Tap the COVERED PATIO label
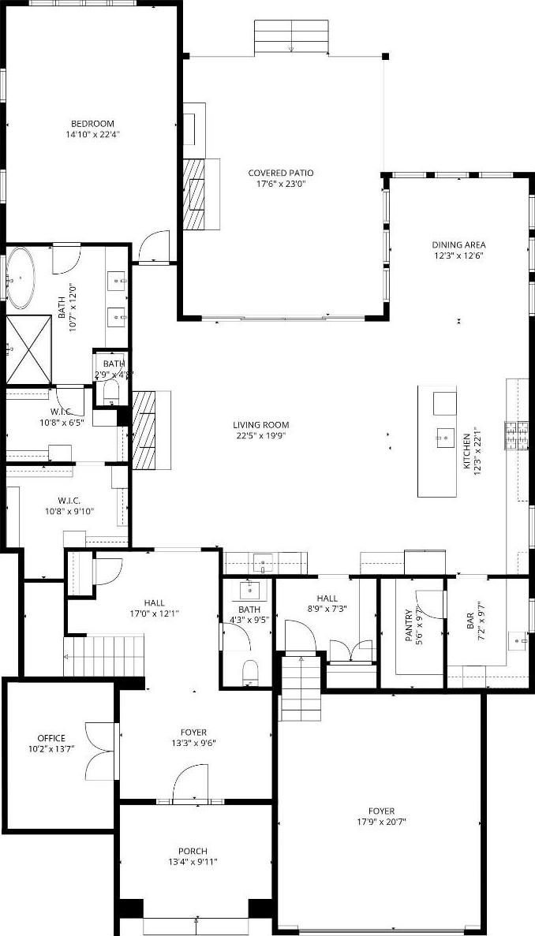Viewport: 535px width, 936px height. tap(281, 173)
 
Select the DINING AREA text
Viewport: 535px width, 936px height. tap(458, 244)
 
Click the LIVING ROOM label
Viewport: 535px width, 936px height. tap(261, 425)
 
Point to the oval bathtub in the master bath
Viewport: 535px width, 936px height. tap(21, 278)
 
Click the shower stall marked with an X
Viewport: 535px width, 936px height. tap(28, 350)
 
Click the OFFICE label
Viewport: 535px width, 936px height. tap(51, 738)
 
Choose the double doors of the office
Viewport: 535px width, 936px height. tap(99, 751)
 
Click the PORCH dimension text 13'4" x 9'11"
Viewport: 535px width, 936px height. tap(193, 861)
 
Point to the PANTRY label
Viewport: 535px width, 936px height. tap(409, 625)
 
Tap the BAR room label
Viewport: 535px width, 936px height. tap(470, 621)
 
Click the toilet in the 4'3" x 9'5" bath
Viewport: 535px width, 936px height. tap(250, 673)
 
